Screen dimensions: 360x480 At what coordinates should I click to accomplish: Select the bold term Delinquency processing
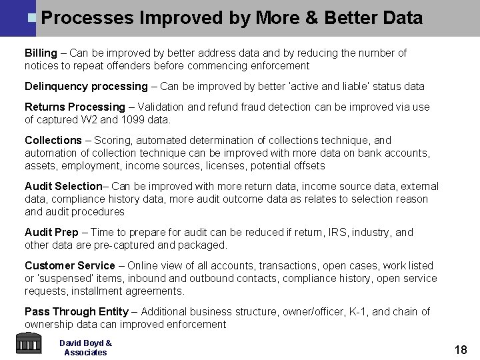[86, 86]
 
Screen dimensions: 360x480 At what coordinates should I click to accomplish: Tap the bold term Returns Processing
[75, 107]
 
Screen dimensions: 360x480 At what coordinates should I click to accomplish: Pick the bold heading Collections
[53, 140]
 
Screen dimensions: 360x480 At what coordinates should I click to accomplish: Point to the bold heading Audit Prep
[52, 232]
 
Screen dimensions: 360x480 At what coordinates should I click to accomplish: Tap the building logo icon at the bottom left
[27, 344]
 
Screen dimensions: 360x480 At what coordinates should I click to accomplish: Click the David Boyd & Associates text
[85, 347]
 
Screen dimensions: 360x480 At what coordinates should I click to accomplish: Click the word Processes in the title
[87, 18]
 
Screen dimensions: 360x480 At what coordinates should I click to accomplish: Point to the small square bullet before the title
[32, 17]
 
